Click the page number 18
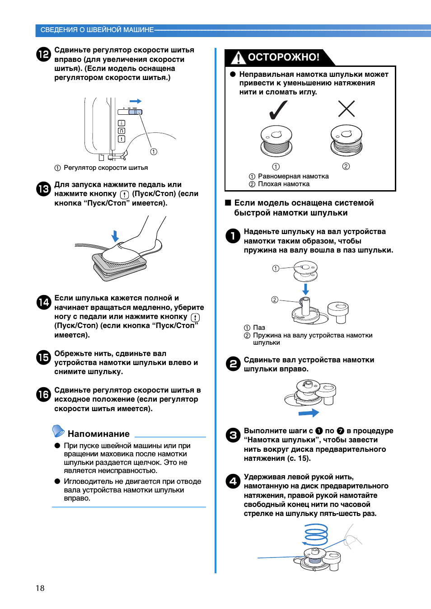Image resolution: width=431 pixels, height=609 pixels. click(x=40, y=588)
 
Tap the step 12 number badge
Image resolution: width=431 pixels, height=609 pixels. click(x=43, y=54)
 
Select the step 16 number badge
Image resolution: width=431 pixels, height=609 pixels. click(x=43, y=394)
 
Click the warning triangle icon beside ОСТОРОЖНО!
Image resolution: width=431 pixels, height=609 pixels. click(x=238, y=58)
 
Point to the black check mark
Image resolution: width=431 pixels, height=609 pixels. click(x=278, y=110)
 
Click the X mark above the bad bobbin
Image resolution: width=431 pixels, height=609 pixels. click(x=347, y=108)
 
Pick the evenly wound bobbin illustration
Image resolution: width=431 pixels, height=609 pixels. click(x=276, y=141)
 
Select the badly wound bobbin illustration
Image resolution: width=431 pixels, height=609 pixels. click(x=347, y=141)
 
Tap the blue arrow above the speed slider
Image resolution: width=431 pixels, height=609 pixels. click(x=136, y=101)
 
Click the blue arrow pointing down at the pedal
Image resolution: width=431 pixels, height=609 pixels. click(x=115, y=236)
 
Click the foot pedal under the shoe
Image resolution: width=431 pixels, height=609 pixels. click(x=119, y=267)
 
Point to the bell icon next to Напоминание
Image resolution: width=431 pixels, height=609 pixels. click(x=58, y=431)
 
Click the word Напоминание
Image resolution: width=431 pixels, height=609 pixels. click(x=98, y=434)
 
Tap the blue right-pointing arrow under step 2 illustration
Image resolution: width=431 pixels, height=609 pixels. click(x=309, y=413)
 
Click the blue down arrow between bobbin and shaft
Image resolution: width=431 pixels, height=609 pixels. click(x=306, y=289)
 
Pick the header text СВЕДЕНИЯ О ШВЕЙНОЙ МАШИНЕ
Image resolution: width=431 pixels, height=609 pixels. click(x=97, y=30)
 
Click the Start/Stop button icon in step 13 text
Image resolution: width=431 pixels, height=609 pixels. click(x=124, y=194)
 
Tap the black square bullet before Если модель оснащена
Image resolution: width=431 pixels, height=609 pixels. click(x=228, y=202)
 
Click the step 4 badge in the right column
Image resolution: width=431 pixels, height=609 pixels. click(x=233, y=481)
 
